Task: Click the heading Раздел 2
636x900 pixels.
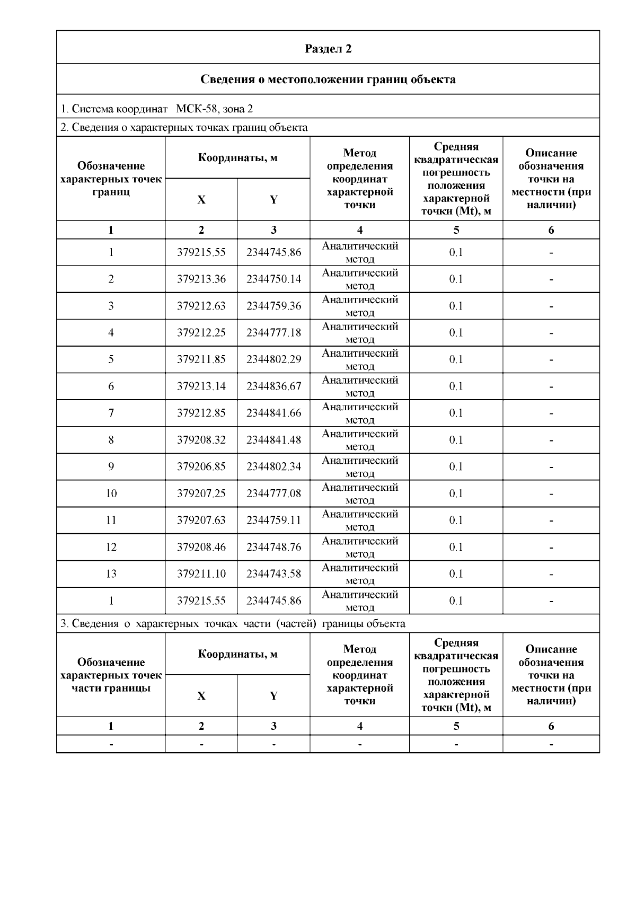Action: click(328, 49)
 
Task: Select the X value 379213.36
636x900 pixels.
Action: click(201, 279)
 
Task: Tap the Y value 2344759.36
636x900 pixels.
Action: click(273, 306)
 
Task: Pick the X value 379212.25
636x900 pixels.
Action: click(201, 332)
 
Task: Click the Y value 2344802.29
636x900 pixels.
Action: click(273, 359)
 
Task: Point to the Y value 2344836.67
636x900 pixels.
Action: click(273, 386)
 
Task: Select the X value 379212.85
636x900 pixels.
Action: click(201, 413)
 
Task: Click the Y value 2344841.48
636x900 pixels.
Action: click(273, 440)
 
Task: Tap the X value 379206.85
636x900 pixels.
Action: click(201, 466)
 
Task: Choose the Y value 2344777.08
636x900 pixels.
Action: click(273, 493)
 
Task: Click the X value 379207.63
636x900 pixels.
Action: click(201, 520)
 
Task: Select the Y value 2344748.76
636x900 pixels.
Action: click(273, 547)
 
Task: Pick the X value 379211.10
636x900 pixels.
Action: click(201, 573)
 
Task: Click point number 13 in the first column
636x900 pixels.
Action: click(111, 573)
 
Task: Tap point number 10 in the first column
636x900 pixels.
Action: click(111, 493)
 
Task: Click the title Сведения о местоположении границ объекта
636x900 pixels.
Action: click(328, 80)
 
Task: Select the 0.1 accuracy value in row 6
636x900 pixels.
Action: click(456, 386)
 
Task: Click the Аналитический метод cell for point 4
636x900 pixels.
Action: click(360, 332)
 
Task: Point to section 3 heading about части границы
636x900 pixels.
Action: click(233, 623)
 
